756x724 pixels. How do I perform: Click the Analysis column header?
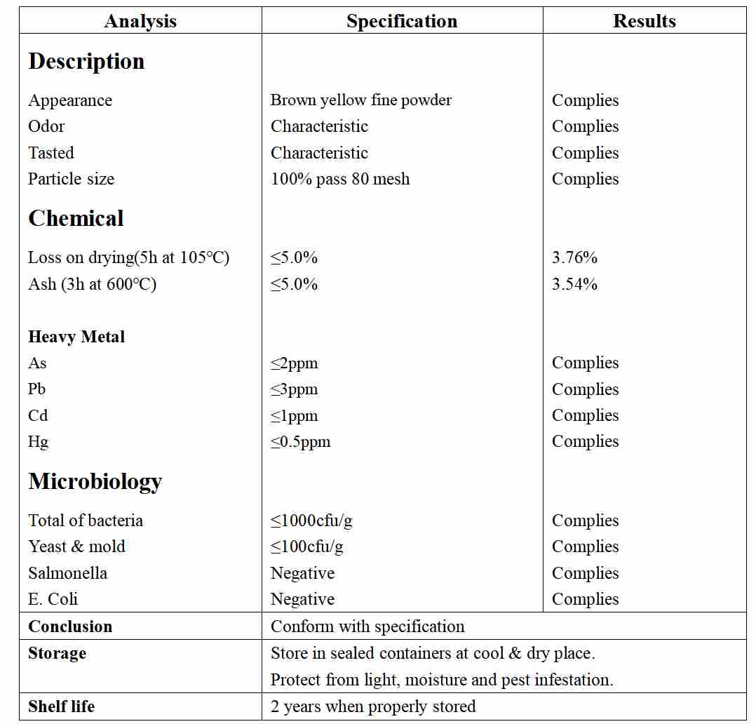140,21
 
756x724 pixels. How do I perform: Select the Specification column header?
402,21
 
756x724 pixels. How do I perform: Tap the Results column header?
644,21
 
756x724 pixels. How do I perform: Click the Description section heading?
86,61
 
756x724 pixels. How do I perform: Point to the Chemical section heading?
76,218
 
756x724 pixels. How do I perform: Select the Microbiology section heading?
95,481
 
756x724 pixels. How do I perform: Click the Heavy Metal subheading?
76,337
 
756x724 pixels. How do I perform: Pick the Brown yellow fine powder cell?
360,100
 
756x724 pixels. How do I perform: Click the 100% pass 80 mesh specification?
340,179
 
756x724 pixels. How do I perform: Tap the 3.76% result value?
574,257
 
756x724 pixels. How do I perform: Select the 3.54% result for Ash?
574,284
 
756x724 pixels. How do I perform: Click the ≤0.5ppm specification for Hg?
300,442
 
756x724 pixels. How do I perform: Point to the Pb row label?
37,389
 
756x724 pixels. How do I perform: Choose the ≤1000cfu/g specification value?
311,521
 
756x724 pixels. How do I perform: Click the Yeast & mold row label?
76,547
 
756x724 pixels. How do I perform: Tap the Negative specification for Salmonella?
302,573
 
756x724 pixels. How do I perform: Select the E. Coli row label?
53,599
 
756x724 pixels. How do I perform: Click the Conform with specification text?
367,626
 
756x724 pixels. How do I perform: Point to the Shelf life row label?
61,706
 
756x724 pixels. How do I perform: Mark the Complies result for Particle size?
585,179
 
